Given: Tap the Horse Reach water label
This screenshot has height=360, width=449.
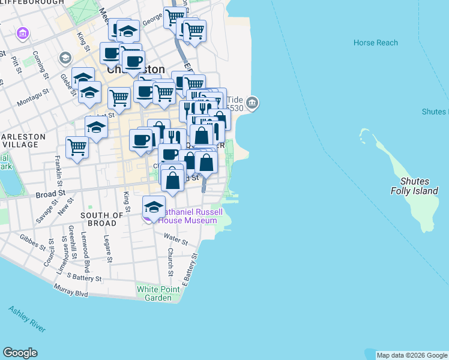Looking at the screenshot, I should pyautogui.click(x=376, y=43).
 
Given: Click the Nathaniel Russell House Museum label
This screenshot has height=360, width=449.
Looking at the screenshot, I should pyautogui.click(x=187, y=217).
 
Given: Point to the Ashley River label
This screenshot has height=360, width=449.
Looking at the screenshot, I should pyautogui.click(x=26, y=319).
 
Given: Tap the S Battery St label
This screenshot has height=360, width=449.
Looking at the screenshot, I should pyautogui.click(x=82, y=277).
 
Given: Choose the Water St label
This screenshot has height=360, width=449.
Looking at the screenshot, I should pyautogui.click(x=175, y=241).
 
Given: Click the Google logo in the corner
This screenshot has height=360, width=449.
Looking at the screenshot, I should pyautogui.click(x=20, y=353).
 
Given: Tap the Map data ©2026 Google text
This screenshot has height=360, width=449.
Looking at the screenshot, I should pyautogui.click(x=412, y=355).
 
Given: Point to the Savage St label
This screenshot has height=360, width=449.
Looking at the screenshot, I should pyautogui.click(x=43, y=211).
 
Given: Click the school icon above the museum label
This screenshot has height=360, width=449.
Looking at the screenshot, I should pyautogui.click(x=154, y=206).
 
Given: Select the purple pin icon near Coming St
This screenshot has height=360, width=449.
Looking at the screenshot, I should pyautogui.click(x=24, y=32).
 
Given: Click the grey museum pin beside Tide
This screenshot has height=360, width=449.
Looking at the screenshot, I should pyautogui.click(x=252, y=103).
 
